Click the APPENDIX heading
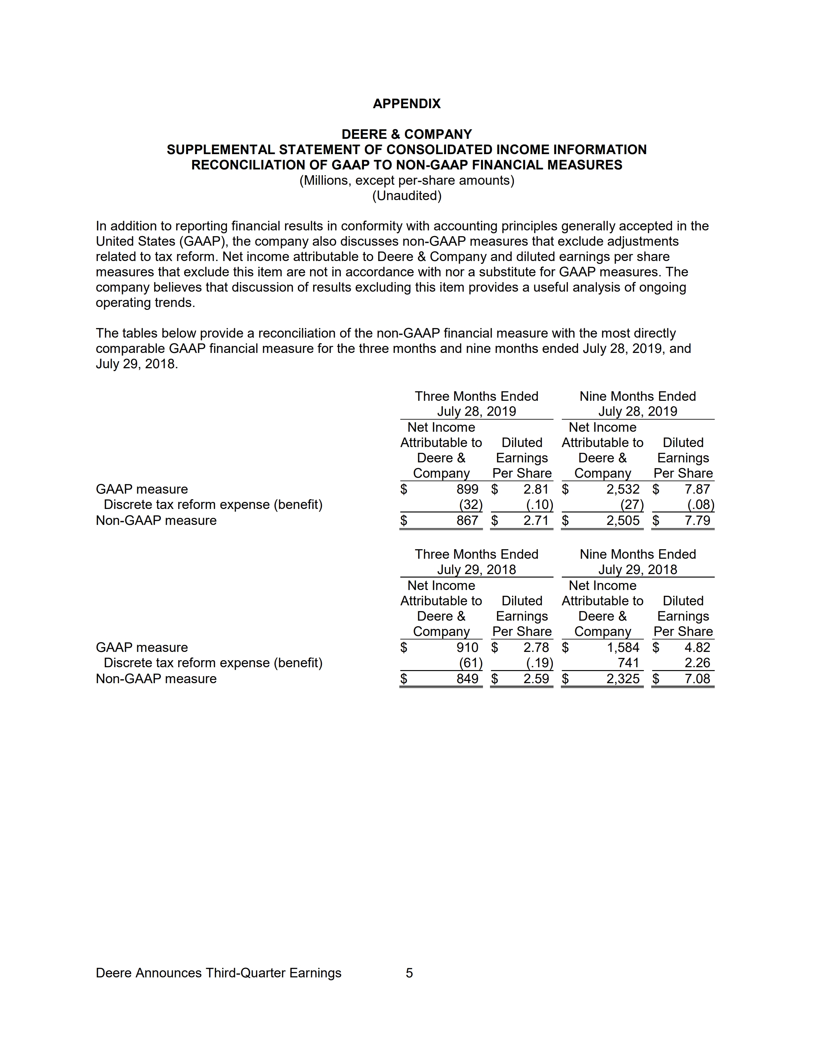(x=406, y=104)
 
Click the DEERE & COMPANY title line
(x=406, y=134)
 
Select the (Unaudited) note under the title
(x=406, y=196)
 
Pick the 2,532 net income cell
(x=622, y=489)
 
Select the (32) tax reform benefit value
(x=470, y=505)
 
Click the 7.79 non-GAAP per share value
(x=697, y=521)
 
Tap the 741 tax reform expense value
(x=628, y=663)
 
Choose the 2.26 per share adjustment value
(x=697, y=663)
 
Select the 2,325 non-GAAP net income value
(x=622, y=679)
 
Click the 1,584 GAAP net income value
(x=622, y=647)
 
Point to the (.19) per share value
(x=539, y=663)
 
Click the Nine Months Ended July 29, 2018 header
(x=637, y=562)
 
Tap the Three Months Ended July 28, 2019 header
(x=477, y=404)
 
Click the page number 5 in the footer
(x=409, y=973)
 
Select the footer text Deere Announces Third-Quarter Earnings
(x=218, y=973)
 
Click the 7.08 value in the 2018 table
(x=697, y=679)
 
